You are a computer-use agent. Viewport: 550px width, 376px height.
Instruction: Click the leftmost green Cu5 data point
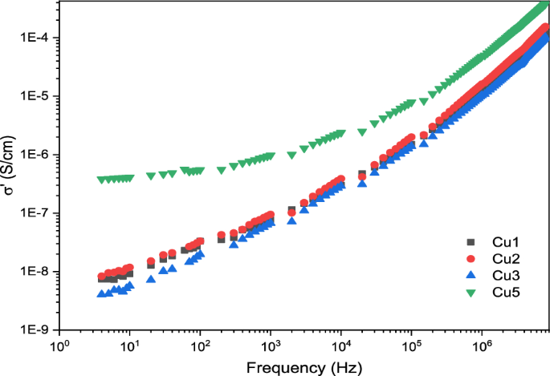tap(101, 180)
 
